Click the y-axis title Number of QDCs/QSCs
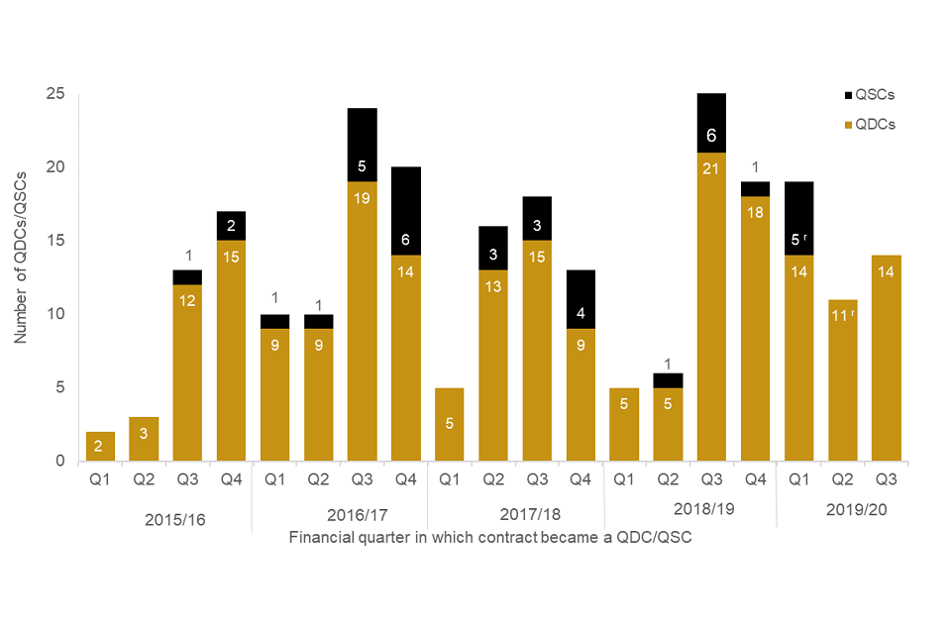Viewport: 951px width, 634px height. click(21, 257)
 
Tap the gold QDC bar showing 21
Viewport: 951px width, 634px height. click(711, 307)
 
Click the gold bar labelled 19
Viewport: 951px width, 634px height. click(362, 322)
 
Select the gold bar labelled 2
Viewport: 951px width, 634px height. click(99, 447)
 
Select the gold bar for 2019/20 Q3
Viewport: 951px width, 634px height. click(887, 359)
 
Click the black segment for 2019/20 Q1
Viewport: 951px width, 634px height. click(798, 219)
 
